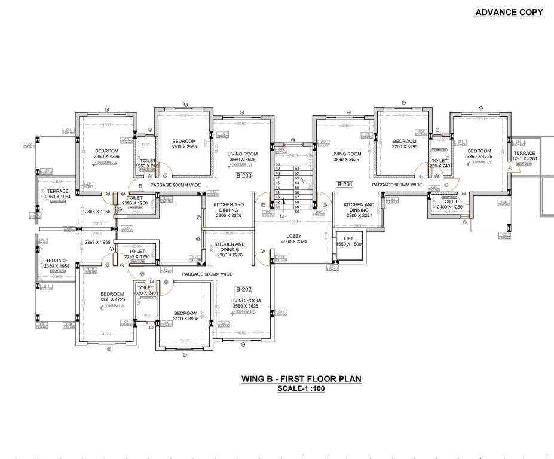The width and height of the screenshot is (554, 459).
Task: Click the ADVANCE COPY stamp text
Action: click(509, 12)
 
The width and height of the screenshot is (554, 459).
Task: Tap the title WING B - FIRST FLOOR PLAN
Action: click(301, 378)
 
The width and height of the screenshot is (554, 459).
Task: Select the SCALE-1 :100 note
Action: click(301, 388)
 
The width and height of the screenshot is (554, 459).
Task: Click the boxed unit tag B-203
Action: click(243, 176)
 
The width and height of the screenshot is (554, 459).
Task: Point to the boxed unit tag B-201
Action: click(345, 185)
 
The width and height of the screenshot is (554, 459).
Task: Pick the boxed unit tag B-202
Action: click(243, 289)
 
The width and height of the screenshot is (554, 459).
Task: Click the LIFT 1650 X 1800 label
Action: click(349, 241)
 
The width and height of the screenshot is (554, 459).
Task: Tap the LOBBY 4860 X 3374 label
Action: click(293, 239)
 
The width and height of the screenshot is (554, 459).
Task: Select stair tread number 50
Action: click(277, 164)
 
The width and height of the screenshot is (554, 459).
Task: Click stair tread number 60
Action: click(296, 212)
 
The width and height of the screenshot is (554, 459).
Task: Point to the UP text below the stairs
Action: click(284, 216)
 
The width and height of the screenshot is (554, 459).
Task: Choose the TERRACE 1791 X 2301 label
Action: click(525, 155)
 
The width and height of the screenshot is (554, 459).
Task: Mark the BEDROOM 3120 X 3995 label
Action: click(185, 316)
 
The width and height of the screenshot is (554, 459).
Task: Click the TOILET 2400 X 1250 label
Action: click(449, 204)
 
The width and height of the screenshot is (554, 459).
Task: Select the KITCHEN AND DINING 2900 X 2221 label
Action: click(359, 210)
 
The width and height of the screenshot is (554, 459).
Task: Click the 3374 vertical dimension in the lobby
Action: click(326, 235)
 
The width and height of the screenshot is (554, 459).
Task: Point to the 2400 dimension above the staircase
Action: click(293, 155)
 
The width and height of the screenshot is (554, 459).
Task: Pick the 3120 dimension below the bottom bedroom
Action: click(184, 341)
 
